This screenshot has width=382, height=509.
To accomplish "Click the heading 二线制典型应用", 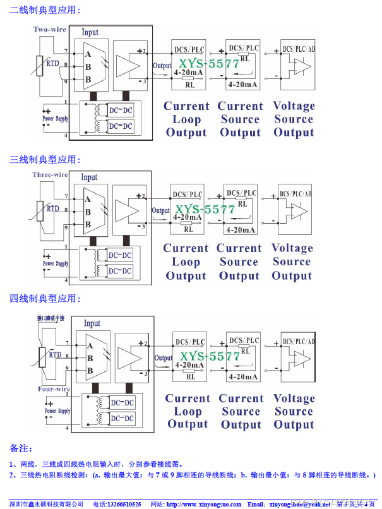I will click(x=44, y=11).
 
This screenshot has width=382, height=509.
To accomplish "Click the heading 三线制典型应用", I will click(x=44, y=160).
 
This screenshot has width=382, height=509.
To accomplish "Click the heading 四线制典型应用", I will click(x=44, y=298).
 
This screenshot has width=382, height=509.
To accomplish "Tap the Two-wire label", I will click(x=50, y=30).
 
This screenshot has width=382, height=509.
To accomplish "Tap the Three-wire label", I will click(x=50, y=175).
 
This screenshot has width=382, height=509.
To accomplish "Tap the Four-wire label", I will click(x=54, y=389).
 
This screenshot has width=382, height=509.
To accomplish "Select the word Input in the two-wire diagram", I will click(x=90, y=32).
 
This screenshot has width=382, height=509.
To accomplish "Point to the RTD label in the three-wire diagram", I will click(x=53, y=208).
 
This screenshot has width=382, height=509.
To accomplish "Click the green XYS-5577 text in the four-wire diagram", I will click(x=210, y=356).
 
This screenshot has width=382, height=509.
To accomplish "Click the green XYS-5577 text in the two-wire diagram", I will click(x=209, y=64).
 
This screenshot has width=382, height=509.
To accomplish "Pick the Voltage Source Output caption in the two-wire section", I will click(x=294, y=119).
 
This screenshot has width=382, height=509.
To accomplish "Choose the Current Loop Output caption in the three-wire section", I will click(x=186, y=262).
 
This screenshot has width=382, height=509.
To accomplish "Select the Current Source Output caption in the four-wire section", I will click(x=241, y=411).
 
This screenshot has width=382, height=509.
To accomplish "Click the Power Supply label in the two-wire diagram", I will click(x=56, y=118).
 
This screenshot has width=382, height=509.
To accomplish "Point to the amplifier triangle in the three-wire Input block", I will click(x=129, y=209).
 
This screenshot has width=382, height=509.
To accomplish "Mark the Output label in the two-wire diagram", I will click(x=162, y=66).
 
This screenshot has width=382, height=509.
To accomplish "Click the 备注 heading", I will click(x=21, y=448).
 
